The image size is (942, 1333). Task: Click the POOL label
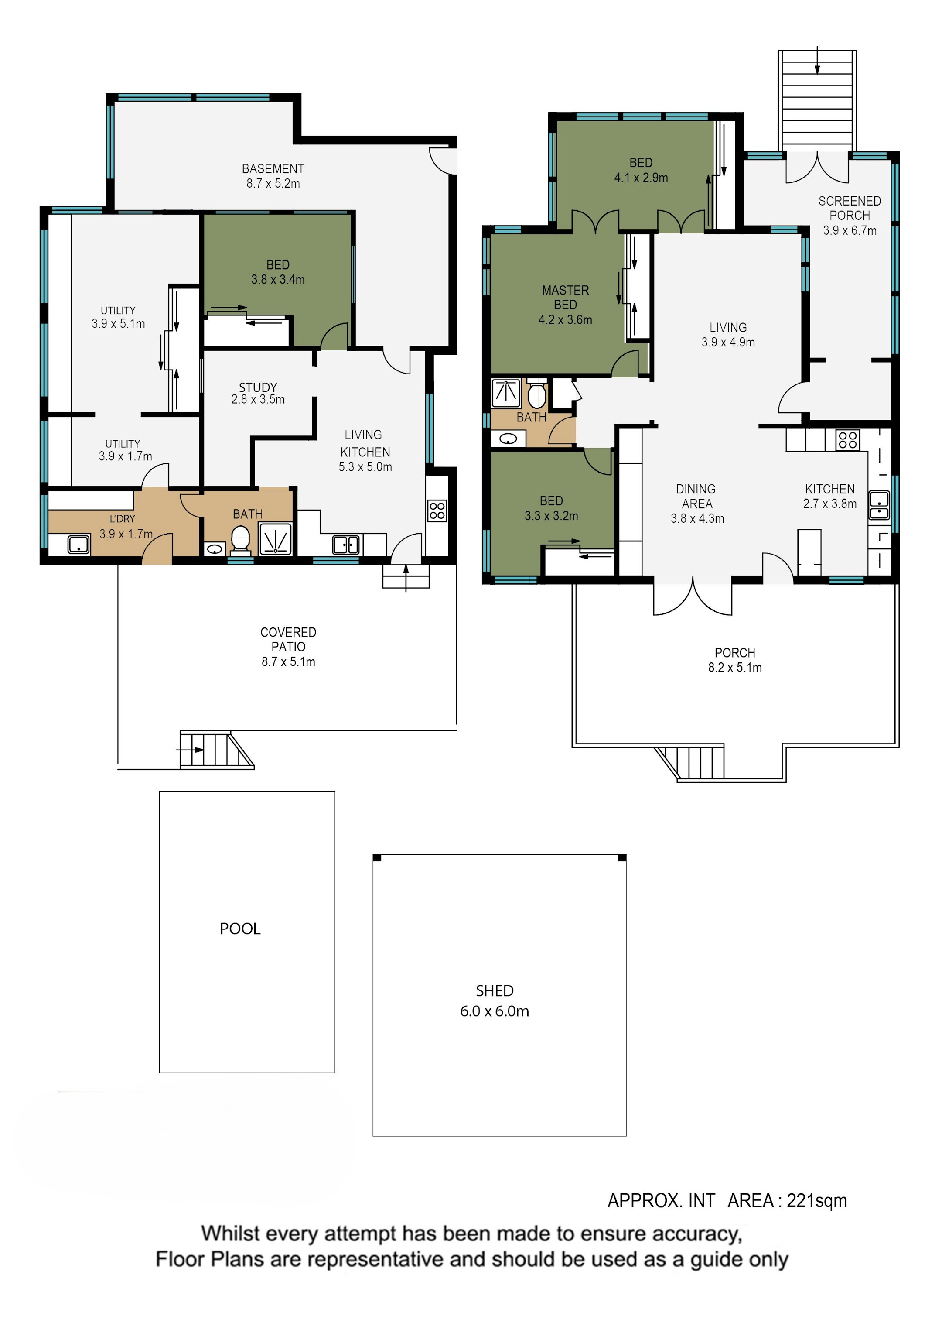pyautogui.click(x=240, y=929)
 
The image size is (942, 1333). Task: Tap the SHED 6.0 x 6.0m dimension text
pyautogui.click(x=495, y=1011)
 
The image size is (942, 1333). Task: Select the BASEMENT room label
pyautogui.click(x=273, y=168)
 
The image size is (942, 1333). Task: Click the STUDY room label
pyautogui.click(x=258, y=387)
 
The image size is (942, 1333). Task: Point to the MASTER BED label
pyautogui.click(x=565, y=297)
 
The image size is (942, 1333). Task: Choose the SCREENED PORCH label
pyautogui.click(x=850, y=208)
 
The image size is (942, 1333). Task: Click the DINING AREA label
pyautogui.click(x=696, y=497)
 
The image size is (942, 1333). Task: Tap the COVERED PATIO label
pyautogui.click(x=288, y=639)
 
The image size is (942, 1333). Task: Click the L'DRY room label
pyautogui.click(x=123, y=518)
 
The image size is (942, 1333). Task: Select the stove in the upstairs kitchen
pyautogui.click(x=847, y=439)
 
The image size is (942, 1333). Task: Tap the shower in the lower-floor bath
pyautogui.click(x=275, y=539)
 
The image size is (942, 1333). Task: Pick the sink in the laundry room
pyautogui.click(x=78, y=545)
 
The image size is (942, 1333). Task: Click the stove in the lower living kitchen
pyautogui.click(x=437, y=511)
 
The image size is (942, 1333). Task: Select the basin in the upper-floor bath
pyautogui.click(x=508, y=439)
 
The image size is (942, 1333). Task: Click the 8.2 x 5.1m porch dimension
pyautogui.click(x=735, y=668)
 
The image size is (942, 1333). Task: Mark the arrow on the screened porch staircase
pyautogui.click(x=817, y=60)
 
